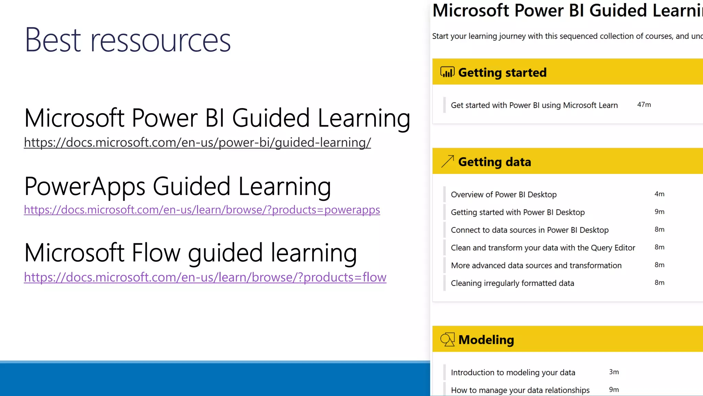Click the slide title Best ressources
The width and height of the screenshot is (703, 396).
click(128, 40)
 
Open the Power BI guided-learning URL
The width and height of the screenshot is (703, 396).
click(197, 142)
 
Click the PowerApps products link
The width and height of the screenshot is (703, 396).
click(202, 210)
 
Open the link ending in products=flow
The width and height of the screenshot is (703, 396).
click(205, 277)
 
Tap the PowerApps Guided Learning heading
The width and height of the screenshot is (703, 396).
click(177, 187)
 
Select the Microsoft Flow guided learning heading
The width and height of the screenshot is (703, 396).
click(191, 253)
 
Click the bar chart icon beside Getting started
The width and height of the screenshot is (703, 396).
click(447, 72)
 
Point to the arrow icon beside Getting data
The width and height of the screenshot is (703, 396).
click(447, 161)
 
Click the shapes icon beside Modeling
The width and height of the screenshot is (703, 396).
click(447, 339)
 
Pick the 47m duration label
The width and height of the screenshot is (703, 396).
click(644, 104)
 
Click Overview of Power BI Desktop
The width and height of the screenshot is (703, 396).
click(504, 195)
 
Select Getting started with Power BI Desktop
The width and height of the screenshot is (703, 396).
click(518, 212)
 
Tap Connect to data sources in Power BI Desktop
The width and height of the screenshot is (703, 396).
click(530, 230)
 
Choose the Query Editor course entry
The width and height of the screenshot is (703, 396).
click(543, 247)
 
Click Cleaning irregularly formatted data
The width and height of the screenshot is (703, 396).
click(512, 283)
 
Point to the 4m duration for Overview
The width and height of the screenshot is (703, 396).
click(659, 194)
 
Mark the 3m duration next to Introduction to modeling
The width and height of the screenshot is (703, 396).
click(614, 372)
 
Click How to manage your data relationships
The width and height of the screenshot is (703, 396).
click(520, 390)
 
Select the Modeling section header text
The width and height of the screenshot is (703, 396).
click(486, 340)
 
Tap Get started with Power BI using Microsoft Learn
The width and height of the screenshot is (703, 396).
click(534, 105)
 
